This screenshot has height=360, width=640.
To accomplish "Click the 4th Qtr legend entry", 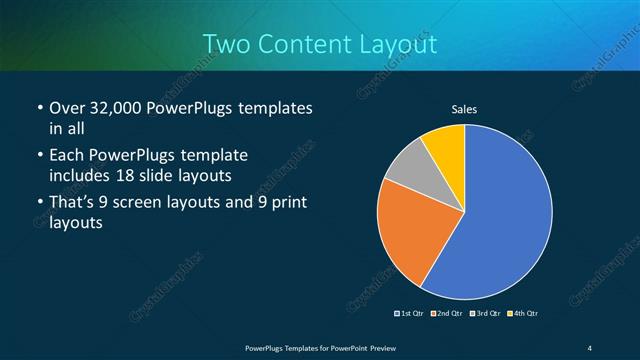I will (x=523, y=314).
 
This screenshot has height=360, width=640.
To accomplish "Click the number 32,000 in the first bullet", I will (x=117, y=108).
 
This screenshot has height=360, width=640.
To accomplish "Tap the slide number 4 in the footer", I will (x=590, y=347).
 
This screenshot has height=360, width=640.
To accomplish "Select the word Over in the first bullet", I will (x=66, y=108).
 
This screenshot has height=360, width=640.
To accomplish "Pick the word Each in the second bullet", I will (x=66, y=156).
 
